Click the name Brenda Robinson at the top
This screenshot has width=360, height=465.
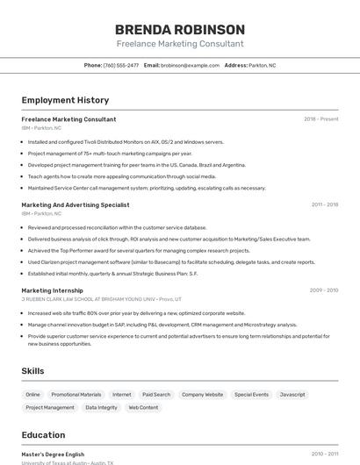(180, 29)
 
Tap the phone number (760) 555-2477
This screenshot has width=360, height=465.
(121, 65)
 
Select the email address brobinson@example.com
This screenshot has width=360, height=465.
(190, 65)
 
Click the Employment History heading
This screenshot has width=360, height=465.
(65, 100)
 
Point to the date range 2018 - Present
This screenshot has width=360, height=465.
(321, 119)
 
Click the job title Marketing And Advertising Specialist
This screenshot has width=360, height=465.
(76, 204)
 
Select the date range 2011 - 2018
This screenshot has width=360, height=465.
(324, 204)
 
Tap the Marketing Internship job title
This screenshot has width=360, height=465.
(53, 290)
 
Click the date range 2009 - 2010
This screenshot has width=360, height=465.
(324, 290)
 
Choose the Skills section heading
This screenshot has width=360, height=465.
(33, 371)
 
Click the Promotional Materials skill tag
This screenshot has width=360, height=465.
(76, 395)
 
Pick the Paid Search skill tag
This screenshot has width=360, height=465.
(156, 395)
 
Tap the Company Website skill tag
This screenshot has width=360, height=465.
(203, 395)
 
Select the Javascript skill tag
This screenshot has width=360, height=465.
(292, 395)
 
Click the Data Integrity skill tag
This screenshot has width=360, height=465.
(101, 407)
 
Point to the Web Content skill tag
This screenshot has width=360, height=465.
(143, 407)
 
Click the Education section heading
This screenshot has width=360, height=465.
(43, 434)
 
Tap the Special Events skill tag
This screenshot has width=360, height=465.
(251, 395)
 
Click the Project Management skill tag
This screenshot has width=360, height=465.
(50, 407)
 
